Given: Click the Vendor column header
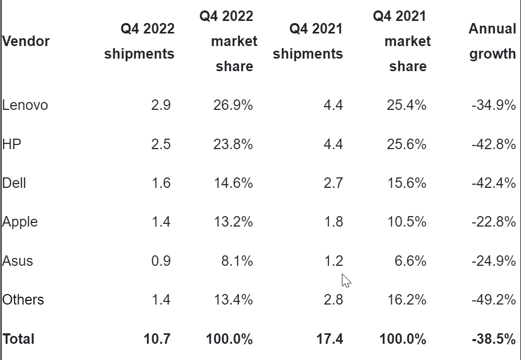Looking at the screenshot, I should click(x=26, y=41).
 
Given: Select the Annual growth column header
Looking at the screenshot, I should click(x=492, y=41).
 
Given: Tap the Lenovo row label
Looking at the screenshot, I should click(x=25, y=105).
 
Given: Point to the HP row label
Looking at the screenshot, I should click(x=12, y=144).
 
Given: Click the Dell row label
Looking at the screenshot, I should click(x=14, y=183).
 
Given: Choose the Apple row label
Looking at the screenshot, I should click(x=20, y=222).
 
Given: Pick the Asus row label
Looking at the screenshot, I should click(x=17, y=261).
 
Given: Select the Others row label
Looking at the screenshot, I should click(x=23, y=300).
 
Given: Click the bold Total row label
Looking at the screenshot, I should click(x=18, y=339).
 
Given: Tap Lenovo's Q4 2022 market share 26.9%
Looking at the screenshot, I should click(x=232, y=105).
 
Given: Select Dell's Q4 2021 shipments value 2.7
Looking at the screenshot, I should click(x=333, y=183).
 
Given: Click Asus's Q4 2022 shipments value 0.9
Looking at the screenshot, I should click(x=161, y=261).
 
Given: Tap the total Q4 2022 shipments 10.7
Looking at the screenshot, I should click(x=157, y=339).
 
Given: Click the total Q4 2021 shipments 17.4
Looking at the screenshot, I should click(x=329, y=339).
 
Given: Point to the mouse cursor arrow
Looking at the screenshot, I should click(x=346, y=280).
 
